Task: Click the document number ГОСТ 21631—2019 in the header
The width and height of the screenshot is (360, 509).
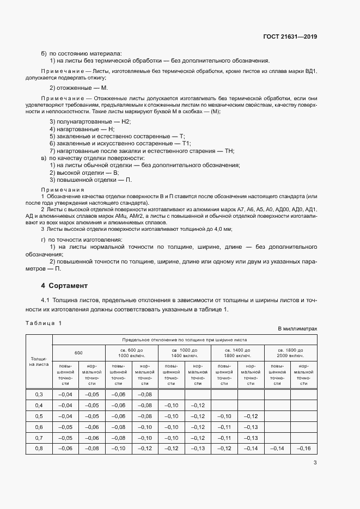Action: [289, 36]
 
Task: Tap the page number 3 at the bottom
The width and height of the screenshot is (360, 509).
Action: [315, 463]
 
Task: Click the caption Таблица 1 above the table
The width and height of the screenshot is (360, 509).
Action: [44, 323]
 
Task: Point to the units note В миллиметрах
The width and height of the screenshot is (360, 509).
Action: [297, 329]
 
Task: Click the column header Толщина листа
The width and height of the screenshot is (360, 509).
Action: [39, 361]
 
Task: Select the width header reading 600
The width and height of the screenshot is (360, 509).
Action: [78, 352]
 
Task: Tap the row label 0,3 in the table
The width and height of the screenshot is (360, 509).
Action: [39, 394]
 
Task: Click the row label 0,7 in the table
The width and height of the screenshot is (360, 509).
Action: [39, 438]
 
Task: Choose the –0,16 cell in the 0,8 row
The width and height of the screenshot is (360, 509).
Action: [303, 449]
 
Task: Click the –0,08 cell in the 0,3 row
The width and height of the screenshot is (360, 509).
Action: [144, 394]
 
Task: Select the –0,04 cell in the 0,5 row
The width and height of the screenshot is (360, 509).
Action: [65, 416]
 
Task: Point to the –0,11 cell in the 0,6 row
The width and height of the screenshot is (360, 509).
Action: [224, 427]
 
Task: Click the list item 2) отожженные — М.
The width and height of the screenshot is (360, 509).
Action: [78, 88]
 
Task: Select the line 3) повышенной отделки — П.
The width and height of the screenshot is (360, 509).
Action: [90, 180]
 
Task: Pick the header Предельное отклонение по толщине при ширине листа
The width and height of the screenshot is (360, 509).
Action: [184, 338]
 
